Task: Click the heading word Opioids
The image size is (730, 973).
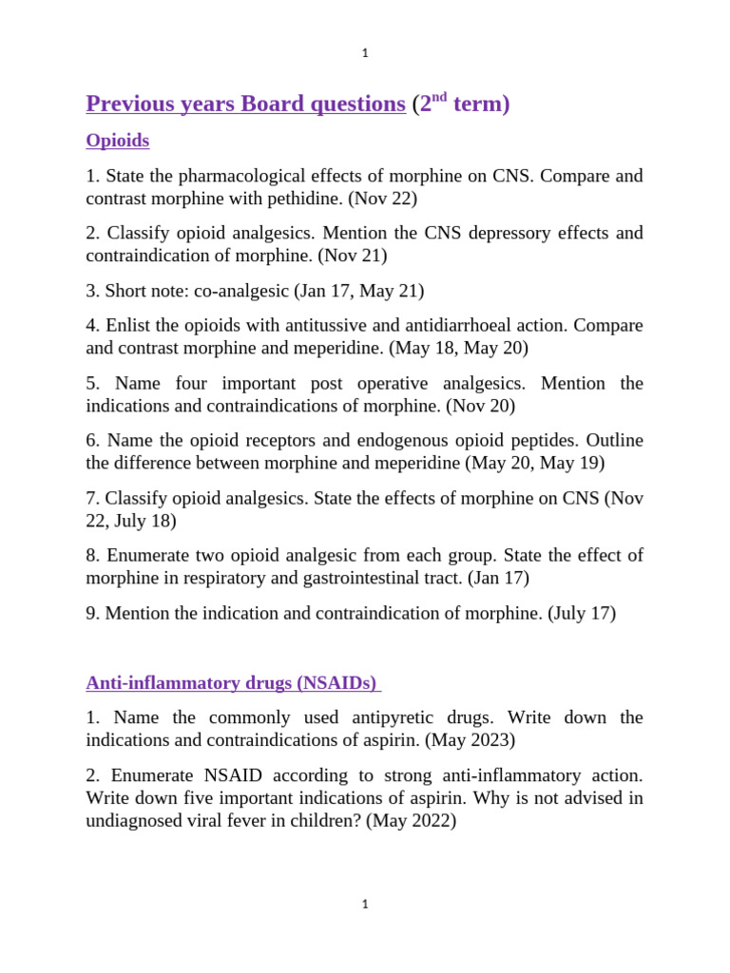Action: click(x=117, y=141)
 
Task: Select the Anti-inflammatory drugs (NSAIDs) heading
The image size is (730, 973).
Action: click(x=232, y=683)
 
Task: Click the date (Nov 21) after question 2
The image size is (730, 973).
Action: click(x=353, y=256)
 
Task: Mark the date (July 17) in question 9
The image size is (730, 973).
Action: click(x=581, y=613)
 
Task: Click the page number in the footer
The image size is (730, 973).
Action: click(x=365, y=905)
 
